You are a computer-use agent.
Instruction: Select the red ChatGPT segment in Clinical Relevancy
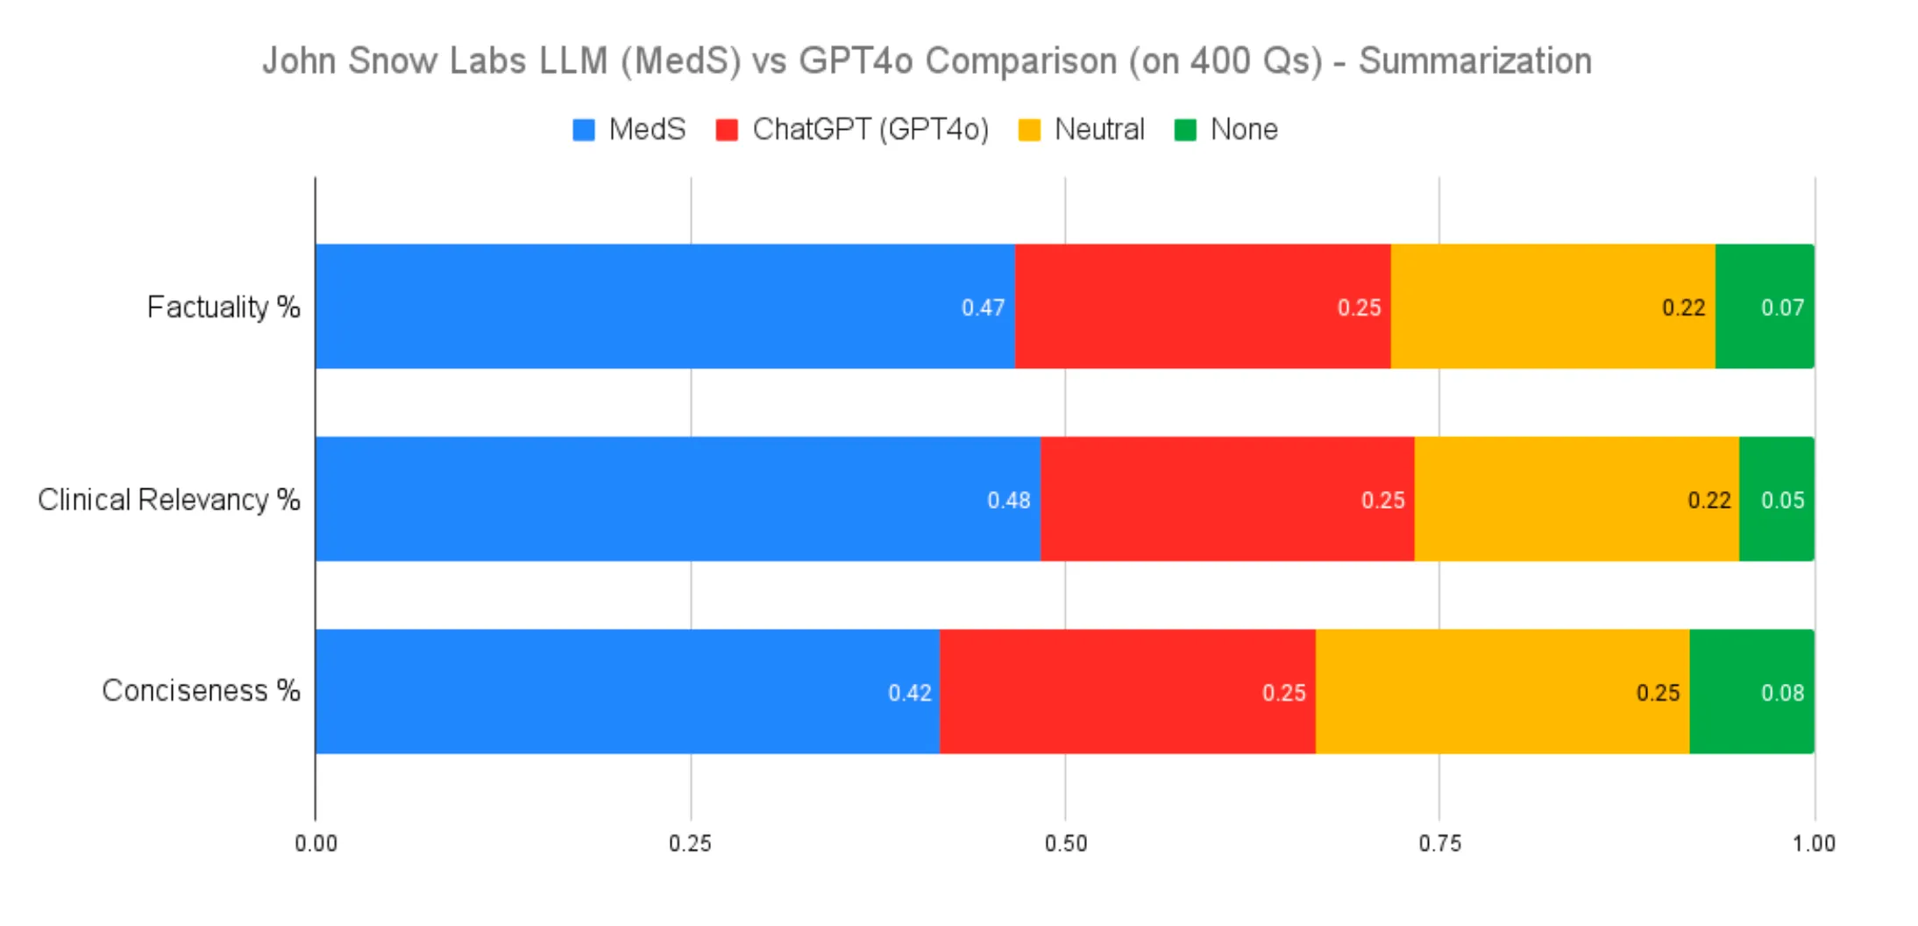(1227, 499)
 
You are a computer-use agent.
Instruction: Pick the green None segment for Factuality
(1764, 306)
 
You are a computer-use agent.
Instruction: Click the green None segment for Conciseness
(1751, 691)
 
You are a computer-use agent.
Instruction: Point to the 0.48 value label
(1008, 500)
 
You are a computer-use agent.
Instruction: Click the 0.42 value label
(909, 693)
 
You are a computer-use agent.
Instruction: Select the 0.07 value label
(1782, 308)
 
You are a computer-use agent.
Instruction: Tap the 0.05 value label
(1782, 500)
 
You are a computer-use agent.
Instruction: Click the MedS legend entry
(629, 130)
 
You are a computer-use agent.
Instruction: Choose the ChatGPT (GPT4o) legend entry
(852, 130)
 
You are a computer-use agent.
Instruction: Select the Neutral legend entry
(1081, 130)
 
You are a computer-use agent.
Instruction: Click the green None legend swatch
(1185, 130)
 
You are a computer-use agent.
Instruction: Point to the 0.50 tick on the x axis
(1065, 844)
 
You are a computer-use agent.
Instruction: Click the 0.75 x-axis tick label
(1439, 844)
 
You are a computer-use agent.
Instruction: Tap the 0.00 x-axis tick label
(316, 844)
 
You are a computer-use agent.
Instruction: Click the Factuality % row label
(224, 307)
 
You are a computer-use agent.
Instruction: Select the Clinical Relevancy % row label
(169, 499)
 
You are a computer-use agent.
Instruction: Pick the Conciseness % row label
(201, 691)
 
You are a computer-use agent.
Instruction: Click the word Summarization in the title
(1474, 61)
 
